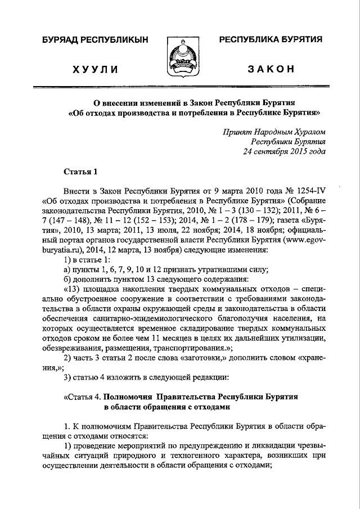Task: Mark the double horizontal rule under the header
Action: (180, 88)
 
